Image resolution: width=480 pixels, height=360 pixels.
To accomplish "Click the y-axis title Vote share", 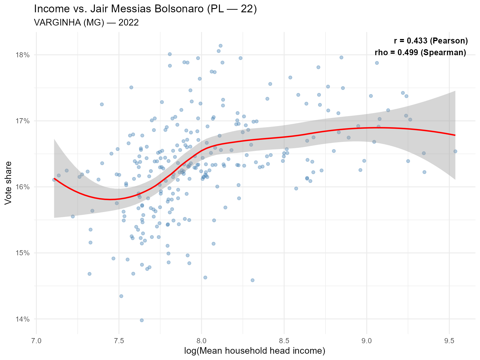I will coord(8,183).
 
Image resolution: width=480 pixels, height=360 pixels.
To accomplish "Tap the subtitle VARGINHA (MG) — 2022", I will coord(86,22).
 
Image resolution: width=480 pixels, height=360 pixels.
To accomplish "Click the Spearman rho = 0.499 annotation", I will coord(420,52).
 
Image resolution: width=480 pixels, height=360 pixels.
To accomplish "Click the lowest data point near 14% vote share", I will coord(142,320).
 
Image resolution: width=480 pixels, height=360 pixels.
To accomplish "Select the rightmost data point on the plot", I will coord(455,151).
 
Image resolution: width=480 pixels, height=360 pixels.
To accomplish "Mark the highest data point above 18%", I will coord(220,46).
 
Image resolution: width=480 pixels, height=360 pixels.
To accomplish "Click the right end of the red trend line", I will coord(455,135).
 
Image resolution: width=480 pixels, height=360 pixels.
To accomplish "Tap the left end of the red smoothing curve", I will coord(54,178).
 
